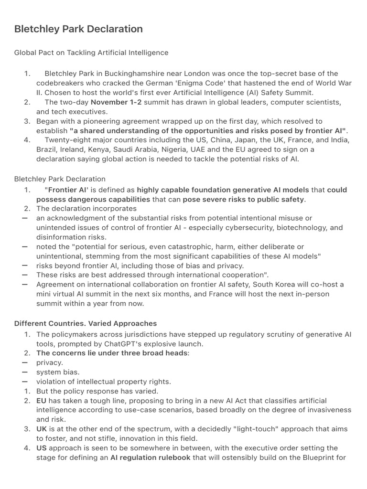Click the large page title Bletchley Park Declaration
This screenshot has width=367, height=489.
click(x=78, y=29)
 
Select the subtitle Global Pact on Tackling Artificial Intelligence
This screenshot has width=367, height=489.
click(x=91, y=53)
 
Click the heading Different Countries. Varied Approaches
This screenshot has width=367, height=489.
click(x=86, y=323)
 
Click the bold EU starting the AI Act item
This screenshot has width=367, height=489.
click(x=42, y=401)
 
